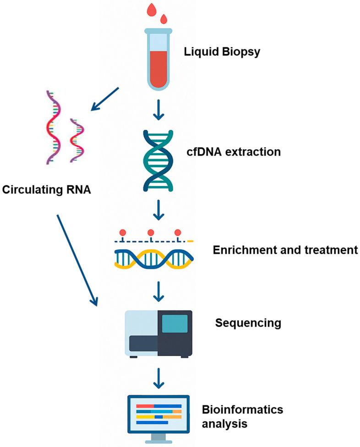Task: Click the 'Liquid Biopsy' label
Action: [x=222, y=51]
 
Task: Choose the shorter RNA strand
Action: [x=76, y=139]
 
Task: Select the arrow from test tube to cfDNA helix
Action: [x=158, y=110]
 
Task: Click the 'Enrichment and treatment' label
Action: [x=284, y=250]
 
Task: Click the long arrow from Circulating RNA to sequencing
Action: [x=77, y=259]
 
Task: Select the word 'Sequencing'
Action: [x=248, y=323]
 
